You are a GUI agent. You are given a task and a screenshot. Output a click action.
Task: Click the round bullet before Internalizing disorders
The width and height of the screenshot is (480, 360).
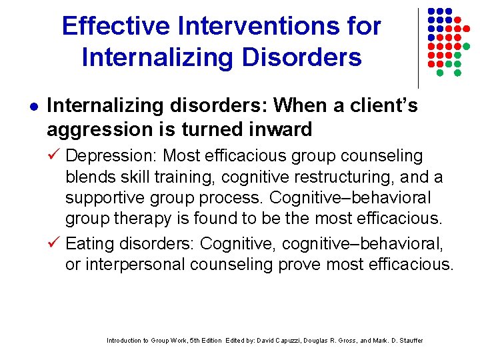[x=33, y=106]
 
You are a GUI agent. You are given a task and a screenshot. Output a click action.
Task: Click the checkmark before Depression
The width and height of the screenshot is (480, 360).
[x=55, y=156]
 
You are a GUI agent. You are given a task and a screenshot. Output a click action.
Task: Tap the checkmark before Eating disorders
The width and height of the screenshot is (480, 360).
[x=55, y=244]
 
